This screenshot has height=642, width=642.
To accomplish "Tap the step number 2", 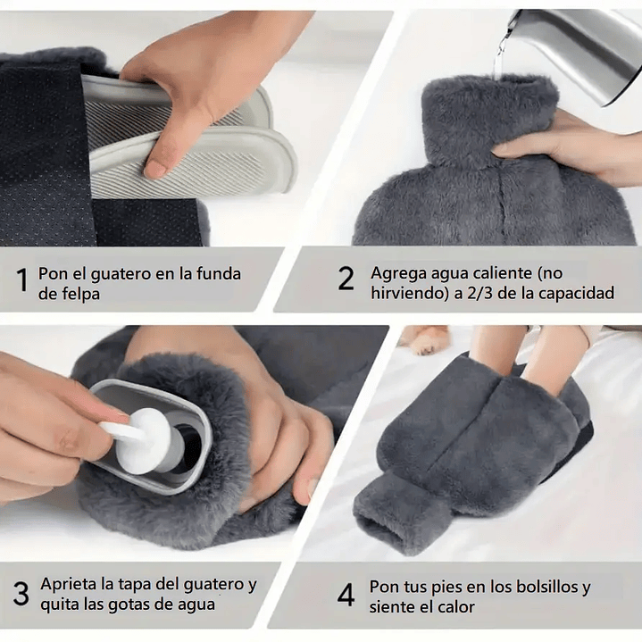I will pyautogui.click(x=346, y=279).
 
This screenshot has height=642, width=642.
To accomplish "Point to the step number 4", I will pyautogui.click(x=346, y=595).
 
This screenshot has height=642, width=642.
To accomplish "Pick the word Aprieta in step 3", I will pyautogui.click(x=68, y=586).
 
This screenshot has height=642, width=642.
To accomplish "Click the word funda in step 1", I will pyautogui.click(x=217, y=273).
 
